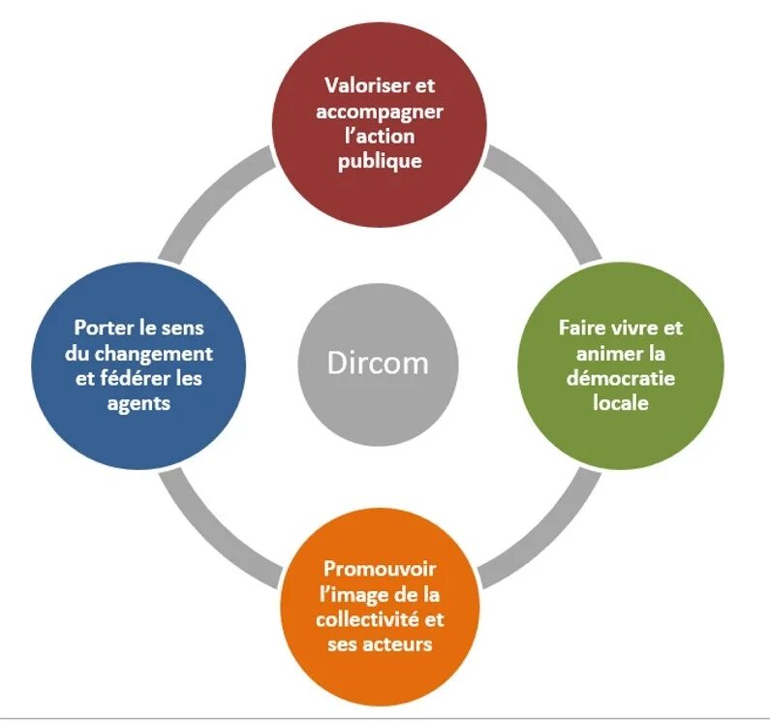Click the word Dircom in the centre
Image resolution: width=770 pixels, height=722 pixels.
coord(377,362)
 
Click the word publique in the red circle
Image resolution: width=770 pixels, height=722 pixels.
coord(380,161)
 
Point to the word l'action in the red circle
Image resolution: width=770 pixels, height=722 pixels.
coord(380,136)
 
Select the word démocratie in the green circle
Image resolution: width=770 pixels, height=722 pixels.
coord(621,377)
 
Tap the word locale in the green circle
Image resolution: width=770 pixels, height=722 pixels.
coord(621,401)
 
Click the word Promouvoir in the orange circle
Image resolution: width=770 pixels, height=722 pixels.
coord(379,569)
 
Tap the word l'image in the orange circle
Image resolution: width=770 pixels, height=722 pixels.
coord(353,594)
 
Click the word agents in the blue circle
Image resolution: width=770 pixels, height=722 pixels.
coord(139,402)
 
